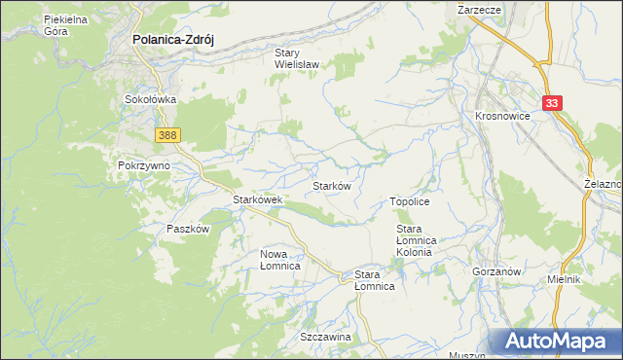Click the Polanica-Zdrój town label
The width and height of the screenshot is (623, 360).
pyautogui.click(x=172, y=41)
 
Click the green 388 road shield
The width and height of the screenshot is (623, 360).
pyautogui.click(x=166, y=135)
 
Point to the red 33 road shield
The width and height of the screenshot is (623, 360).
pyautogui.click(x=553, y=102)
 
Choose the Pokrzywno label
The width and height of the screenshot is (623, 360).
pyautogui.click(x=144, y=165)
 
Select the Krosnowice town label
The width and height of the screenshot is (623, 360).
pyautogui.click(x=503, y=115)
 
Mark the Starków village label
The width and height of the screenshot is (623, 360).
pyautogui.click(x=331, y=185)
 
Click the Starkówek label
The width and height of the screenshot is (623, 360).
pyautogui.click(x=257, y=199)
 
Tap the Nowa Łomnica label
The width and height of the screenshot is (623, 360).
pyautogui.click(x=279, y=260)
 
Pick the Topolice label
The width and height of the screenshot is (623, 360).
pyautogui.click(x=410, y=200)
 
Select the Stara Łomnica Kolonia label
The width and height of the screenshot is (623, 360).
pyautogui.click(x=420, y=240)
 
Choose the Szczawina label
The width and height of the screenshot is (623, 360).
pyautogui.click(x=325, y=337)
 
